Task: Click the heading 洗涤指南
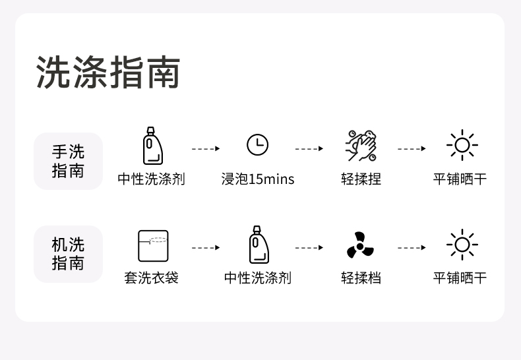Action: (108, 72)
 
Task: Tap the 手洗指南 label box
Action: (69, 161)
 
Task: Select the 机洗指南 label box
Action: (69, 254)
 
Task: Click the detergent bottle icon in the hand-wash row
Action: (152, 146)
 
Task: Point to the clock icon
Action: (257, 144)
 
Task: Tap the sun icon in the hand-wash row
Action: (462, 145)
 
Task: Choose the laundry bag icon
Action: (153, 245)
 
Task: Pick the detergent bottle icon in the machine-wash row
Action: (258, 245)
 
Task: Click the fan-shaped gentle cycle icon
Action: (361, 245)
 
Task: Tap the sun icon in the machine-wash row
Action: (462, 245)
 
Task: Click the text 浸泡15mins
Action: (258, 179)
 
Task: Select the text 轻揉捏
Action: (361, 179)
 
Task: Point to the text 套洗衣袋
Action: (152, 278)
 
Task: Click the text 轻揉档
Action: (361, 278)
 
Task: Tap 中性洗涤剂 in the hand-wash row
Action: (152, 179)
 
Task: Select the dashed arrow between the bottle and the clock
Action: (205, 149)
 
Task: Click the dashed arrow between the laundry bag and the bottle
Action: (205, 248)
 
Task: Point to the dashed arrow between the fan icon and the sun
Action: (412, 248)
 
